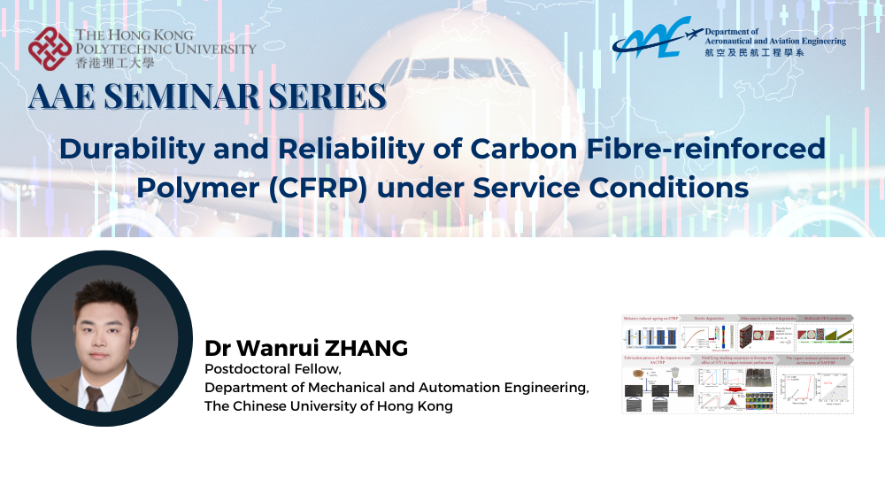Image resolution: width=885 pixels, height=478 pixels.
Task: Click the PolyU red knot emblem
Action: [50, 49]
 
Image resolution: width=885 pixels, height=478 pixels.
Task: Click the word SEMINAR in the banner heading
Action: [196, 96]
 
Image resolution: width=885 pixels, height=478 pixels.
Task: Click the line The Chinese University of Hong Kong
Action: [328, 406]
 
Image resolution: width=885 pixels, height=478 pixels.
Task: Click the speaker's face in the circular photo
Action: [104, 312]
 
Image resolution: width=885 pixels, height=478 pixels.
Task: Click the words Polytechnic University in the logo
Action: [165, 49]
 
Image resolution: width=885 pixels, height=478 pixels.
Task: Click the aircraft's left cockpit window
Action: [408, 68]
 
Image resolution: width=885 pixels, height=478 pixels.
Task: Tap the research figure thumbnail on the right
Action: [737, 363]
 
